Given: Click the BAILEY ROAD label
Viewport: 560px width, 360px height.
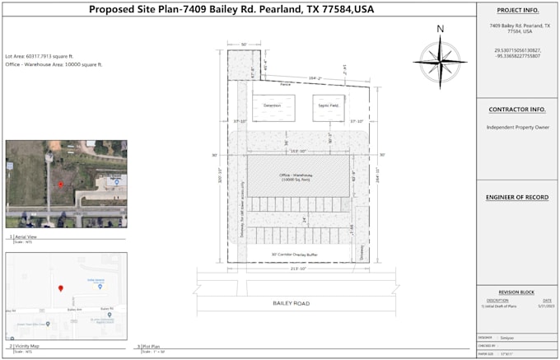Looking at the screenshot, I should tap(291, 304).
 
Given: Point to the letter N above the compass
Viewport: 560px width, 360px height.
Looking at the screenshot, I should tap(440, 29).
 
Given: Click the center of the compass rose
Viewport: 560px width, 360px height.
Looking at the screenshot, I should tap(440, 61).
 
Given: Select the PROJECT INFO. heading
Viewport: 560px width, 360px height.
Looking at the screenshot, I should tap(517, 11).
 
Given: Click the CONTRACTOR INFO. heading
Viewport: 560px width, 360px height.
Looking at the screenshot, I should tap(517, 109).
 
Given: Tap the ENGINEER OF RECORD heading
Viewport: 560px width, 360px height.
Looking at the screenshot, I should tap(517, 198).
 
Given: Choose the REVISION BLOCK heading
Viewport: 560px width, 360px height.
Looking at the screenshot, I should tap(516, 292).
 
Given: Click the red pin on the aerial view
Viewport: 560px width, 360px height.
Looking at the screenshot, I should tap(60, 183).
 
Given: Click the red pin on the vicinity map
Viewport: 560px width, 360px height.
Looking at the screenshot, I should tap(60, 288).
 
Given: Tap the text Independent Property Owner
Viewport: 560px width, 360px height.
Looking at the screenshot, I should tap(516, 127).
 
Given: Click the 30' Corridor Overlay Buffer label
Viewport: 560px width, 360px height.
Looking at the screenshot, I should tap(295, 255).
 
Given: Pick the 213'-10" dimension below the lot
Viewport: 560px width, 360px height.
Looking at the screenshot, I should tap(297, 269).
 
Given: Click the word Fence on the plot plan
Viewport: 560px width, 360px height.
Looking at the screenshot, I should tap(286, 83).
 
